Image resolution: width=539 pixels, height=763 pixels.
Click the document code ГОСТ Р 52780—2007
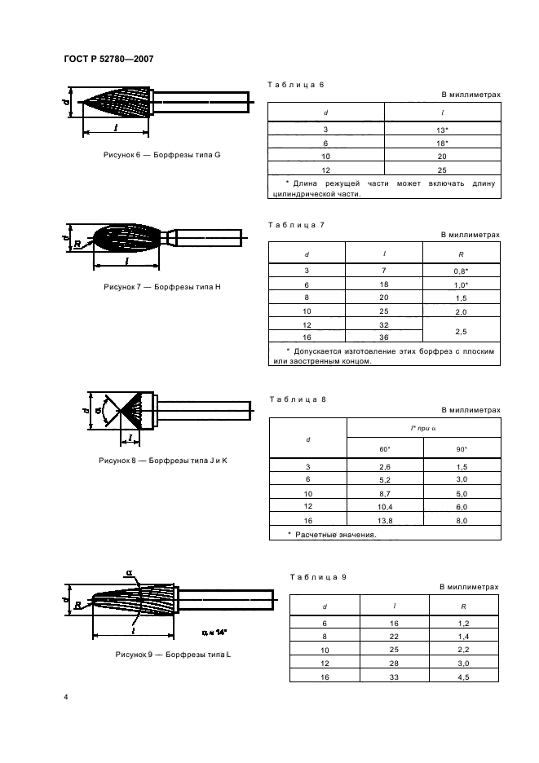[109, 59]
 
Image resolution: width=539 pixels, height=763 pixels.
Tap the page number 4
[66, 699]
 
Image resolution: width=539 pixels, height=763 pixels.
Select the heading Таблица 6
[296, 85]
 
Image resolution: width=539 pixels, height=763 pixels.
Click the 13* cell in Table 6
[443, 130]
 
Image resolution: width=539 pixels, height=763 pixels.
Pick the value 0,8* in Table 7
[461, 270]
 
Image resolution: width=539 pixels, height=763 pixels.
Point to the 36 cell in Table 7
[384, 338]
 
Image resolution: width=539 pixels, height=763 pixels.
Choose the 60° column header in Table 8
[384, 448]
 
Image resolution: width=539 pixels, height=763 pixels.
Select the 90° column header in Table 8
[462, 448]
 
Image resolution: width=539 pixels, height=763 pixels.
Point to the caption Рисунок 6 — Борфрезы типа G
[162, 155]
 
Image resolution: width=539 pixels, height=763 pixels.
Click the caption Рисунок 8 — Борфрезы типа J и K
[162, 461]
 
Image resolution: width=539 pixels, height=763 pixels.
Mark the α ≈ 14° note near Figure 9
[214, 632]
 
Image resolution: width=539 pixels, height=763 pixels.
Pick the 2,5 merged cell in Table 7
[461, 331]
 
